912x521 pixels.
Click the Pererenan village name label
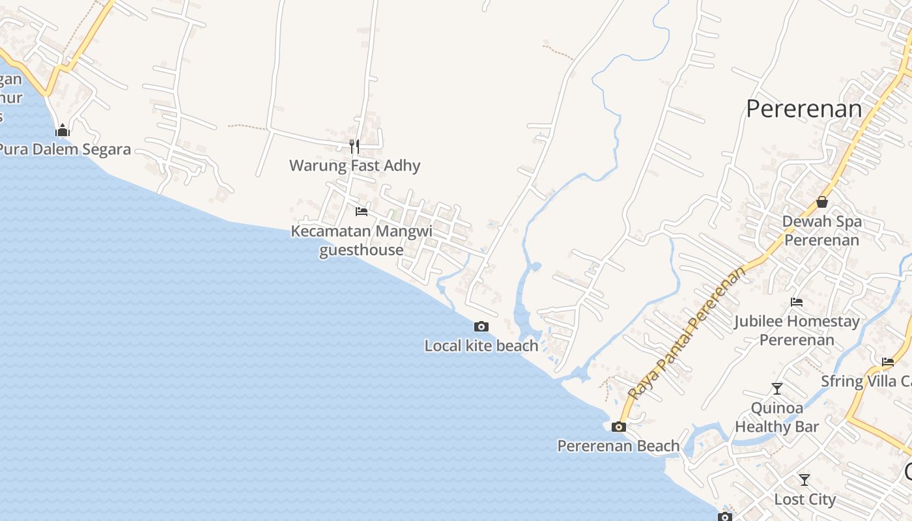point(804,109)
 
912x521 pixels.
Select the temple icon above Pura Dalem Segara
point(63,131)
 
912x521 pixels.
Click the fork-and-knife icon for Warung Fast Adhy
point(354,146)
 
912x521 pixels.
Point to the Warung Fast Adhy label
point(354,165)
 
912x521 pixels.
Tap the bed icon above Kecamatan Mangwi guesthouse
point(361,212)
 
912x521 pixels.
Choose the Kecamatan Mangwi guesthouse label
point(362,240)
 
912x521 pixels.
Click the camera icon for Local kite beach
point(481,326)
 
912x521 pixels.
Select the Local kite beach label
point(481,346)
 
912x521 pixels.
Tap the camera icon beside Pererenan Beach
point(619,427)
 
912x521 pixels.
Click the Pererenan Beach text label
point(618,446)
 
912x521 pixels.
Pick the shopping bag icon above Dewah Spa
point(822,202)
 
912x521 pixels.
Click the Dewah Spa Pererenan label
point(821,231)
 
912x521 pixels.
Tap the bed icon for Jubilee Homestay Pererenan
point(796,302)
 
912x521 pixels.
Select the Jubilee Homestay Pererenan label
point(797,330)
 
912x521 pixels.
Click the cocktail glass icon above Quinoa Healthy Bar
point(777,389)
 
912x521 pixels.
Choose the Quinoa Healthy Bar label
point(777,417)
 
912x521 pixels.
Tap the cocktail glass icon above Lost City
point(805,480)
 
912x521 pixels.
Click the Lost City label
point(805,500)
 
